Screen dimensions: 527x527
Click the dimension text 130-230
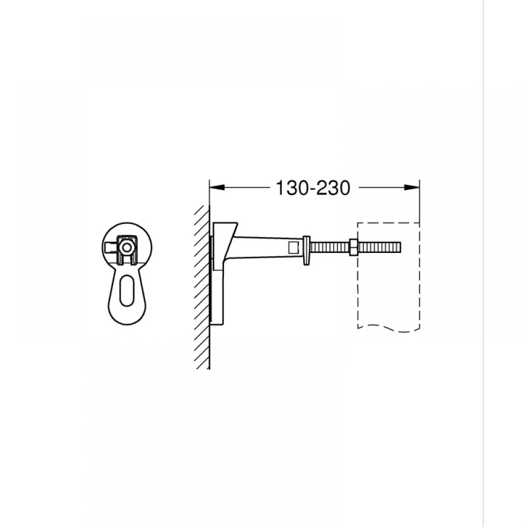pyautogui.click(x=313, y=188)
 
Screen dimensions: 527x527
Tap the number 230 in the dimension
pyautogui.click(x=333, y=188)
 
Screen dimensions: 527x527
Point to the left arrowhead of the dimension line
pyautogui.click(x=217, y=188)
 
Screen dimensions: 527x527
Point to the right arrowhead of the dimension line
pyautogui.click(x=412, y=188)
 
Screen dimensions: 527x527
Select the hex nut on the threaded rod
pyautogui.click(x=353, y=247)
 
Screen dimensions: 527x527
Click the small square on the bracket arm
pyautogui.click(x=294, y=248)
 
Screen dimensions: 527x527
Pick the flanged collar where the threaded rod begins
pyautogui.click(x=306, y=250)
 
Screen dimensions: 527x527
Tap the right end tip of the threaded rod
pyautogui.click(x=401, y=247)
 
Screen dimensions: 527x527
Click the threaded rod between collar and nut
pyautogui.click(x=329, y=248)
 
